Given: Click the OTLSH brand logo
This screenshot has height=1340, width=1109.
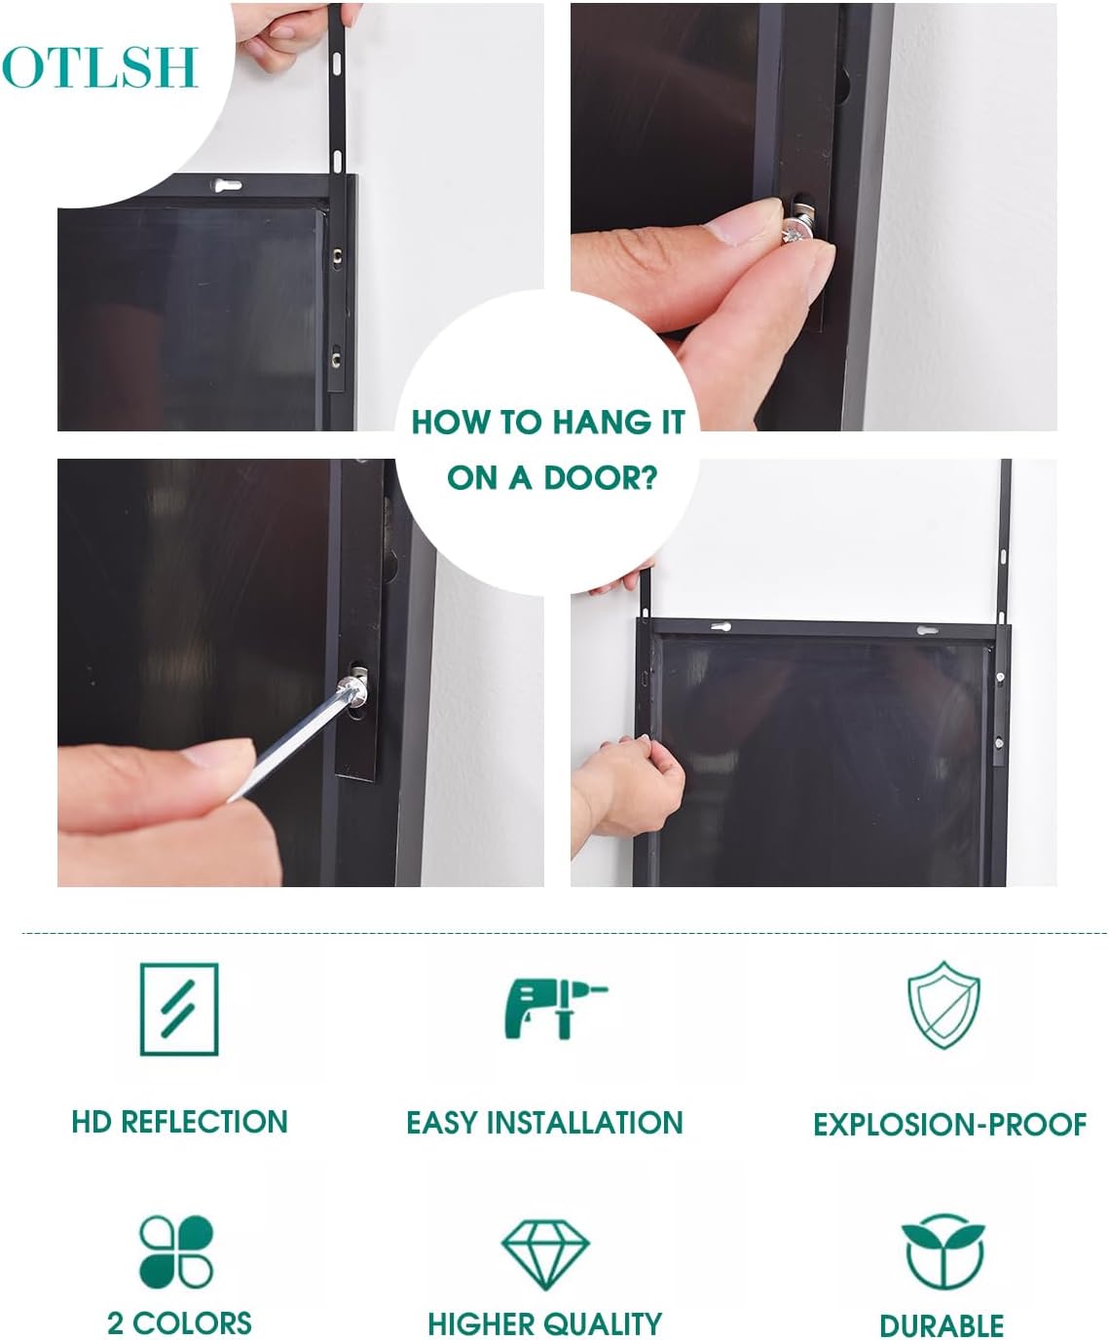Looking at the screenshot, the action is [x=99, y=67].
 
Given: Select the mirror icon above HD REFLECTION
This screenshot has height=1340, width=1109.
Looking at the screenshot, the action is [x=179, y=1010].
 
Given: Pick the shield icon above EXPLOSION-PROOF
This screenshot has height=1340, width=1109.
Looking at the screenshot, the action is [x=943, y=1005].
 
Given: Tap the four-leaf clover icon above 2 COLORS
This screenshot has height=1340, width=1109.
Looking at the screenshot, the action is [x=176, y=1250].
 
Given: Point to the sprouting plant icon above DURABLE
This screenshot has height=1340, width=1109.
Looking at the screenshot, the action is [x=943, y=1251].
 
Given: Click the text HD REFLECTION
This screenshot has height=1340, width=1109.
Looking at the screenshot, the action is [x=180, y=1122].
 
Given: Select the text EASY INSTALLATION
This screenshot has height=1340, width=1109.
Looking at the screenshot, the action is [x=545, y=1123].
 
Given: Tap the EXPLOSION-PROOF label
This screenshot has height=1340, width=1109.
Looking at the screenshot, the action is [x=950, y=1125].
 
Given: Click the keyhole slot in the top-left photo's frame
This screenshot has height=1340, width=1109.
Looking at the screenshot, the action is [x=227, y=186].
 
